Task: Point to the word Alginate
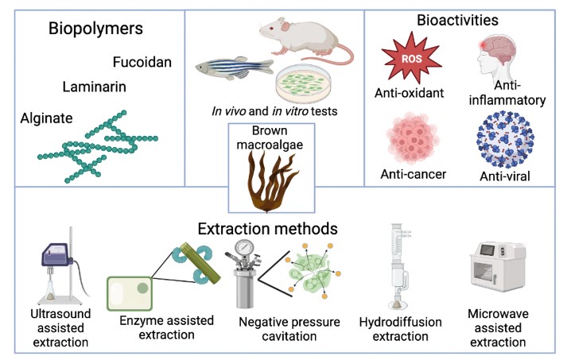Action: point(47,118)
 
